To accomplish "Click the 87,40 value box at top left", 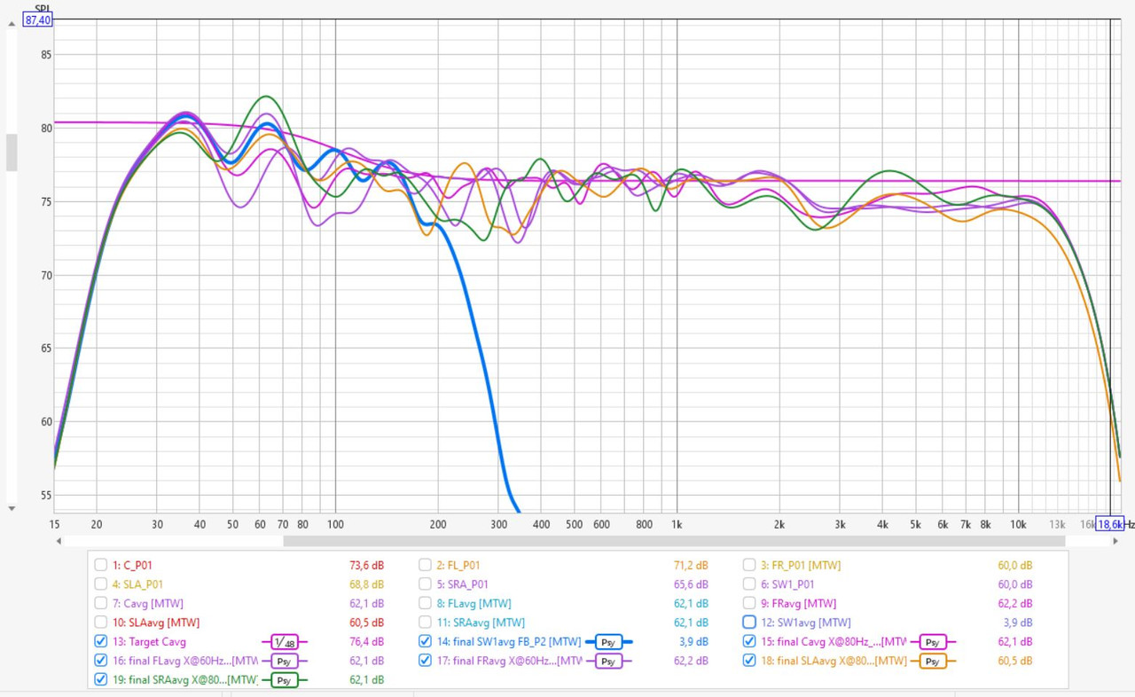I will coord(37,20).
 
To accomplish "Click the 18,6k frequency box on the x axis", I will coord(1109,524).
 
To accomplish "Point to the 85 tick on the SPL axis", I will coord(47,55).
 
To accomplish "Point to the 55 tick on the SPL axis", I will coord(47,496).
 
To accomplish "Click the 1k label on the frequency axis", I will coord(677,524).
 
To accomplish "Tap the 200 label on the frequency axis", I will coord(437,524).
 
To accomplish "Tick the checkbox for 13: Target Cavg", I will coord(101,642).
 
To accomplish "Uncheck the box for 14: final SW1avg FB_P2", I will coord(425,642).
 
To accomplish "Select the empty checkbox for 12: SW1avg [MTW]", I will coord(749,623).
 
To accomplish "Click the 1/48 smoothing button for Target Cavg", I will coord(283,642).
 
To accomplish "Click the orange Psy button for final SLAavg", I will coord(932,661).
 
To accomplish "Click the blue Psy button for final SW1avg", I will coord(608,642).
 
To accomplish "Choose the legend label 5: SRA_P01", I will coord(461,584).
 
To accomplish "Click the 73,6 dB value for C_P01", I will coord(366,565).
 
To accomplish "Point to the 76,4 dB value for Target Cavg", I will coord(366,642).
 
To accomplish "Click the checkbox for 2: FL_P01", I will coord(425,565).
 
